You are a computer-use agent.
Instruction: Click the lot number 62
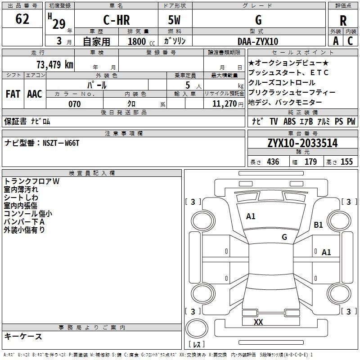tap(22, 19)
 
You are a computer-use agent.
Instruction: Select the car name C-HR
tap(117, 20)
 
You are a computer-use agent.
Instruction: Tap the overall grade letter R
tap(343, 20)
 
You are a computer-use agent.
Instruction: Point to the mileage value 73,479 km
tap(55, 64)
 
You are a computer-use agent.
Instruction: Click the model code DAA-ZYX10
tap(258, 41)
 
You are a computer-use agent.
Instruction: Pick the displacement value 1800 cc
tap(141, 41)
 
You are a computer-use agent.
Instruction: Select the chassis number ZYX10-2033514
tap(302, 143)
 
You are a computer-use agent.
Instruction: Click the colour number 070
tap(74, 104)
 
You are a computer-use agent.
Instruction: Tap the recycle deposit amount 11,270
tap(224, 103)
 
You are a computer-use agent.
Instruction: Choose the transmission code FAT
tap(13, 94)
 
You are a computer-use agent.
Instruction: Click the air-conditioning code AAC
tap(35, 94)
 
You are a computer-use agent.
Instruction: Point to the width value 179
tap(310, 162)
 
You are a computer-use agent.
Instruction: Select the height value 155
tap(346, 162)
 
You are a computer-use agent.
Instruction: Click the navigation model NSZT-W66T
tap(61, 143)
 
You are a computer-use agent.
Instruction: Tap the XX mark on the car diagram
tap(258, 322)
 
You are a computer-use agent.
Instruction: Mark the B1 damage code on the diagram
tap(318, 225)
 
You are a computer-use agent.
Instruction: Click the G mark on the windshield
tap(284, 237)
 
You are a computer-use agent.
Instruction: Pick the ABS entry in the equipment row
tap(289, 121)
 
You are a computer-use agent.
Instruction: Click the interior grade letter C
tap(350, 41)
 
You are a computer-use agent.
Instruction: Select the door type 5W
tap(174, 20)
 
